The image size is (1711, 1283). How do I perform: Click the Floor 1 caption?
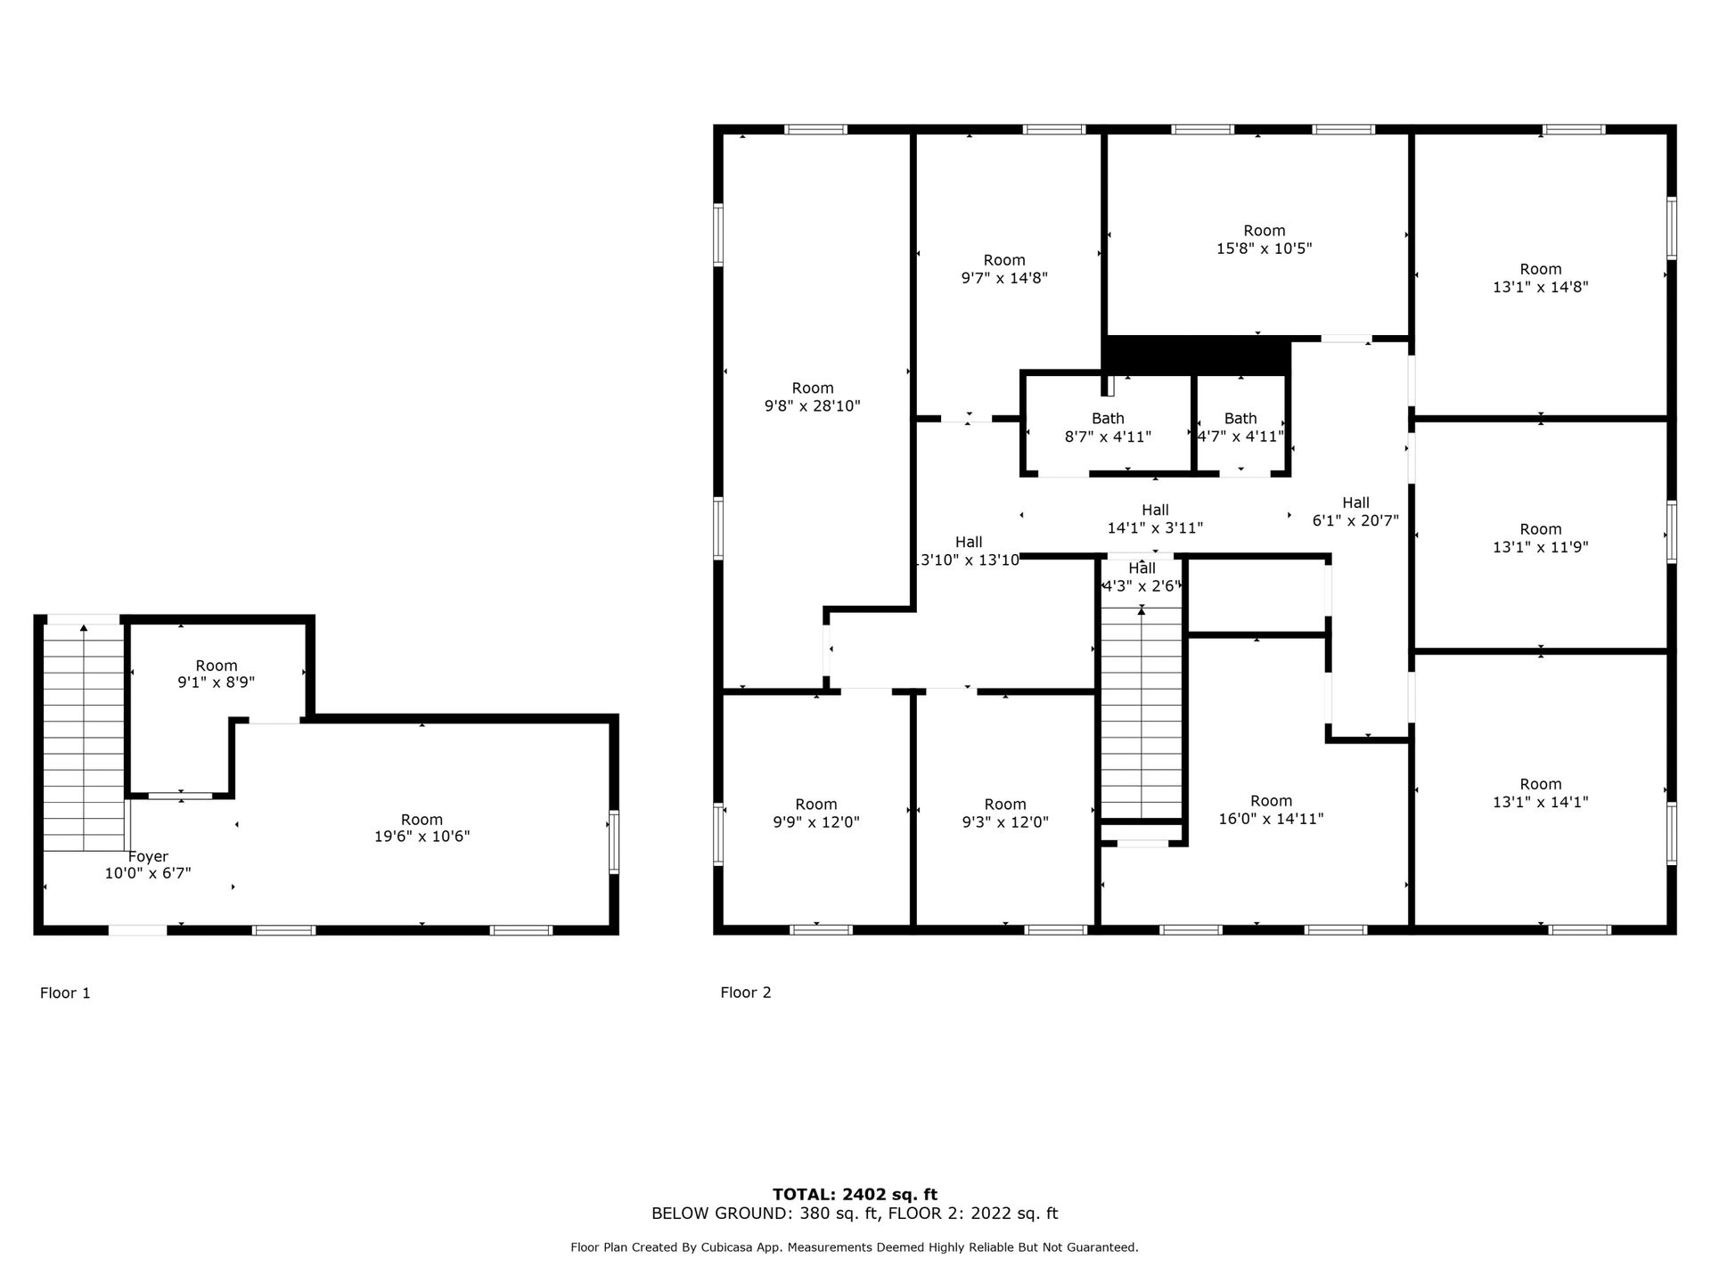pos(65,993)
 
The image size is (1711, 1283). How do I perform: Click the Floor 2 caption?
pos(746,993)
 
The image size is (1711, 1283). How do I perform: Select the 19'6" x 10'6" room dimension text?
pos(422,837)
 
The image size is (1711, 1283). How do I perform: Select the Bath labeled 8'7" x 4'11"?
pos(1108,428)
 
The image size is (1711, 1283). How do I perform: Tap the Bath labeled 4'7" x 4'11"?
pos(1240,428)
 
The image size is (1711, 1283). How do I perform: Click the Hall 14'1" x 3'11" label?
pos(1155,519)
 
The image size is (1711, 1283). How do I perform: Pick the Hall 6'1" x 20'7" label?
pos(1355,511)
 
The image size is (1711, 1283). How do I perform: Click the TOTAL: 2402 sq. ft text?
pos(855,1195)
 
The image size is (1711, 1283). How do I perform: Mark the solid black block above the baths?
pos(1197,355)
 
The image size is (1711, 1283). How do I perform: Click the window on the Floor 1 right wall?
pos(613,842)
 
